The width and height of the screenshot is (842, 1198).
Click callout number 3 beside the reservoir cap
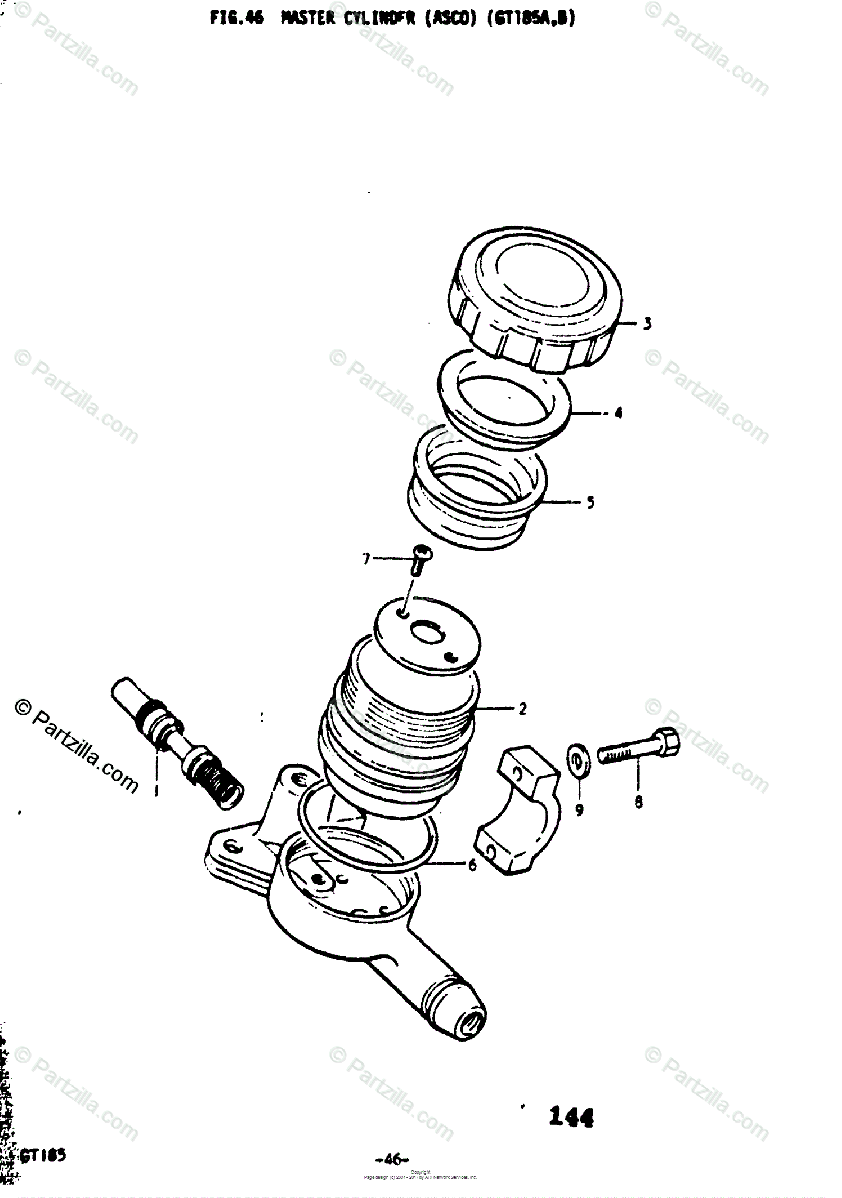click(x=646, y=323)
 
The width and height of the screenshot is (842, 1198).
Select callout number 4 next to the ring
click(x=618, y=412)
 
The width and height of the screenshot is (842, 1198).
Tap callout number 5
click(x=590, y=502)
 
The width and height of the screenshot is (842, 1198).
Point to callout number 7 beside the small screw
click(x=366, y=558)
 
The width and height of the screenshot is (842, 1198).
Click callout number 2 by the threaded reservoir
click(x=521, y=709)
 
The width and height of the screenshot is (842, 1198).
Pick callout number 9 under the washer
click(x=578, y=809)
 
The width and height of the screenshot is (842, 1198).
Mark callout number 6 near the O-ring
click(x=472, y=865)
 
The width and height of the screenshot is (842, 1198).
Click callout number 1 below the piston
click(x=155, y=792)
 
